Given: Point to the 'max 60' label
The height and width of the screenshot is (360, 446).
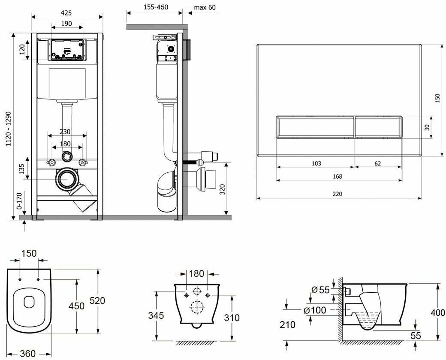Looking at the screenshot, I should [205, 7].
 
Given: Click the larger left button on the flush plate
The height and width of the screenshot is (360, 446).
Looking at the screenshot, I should [315, 127].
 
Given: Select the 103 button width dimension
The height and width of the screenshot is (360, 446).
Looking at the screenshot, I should [316, 163].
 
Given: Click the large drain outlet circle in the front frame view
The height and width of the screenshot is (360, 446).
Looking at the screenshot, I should [67, 180].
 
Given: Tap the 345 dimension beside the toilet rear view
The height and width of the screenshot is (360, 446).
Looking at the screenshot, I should [156, 315].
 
